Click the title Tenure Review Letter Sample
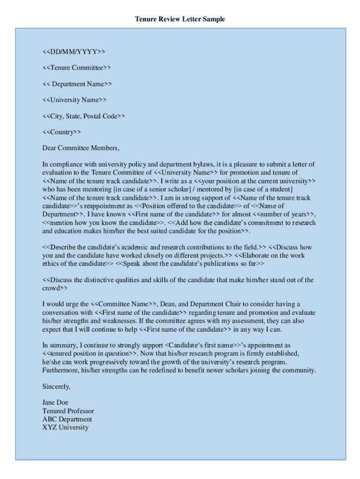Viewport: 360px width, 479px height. pyautogui.click(x=180, y=19)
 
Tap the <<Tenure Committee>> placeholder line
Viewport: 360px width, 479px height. pyautogui.click(x=77, y=67)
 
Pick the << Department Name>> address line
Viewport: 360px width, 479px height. pyautogui.click(x=77, y=84)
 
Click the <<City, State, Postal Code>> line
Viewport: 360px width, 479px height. pyautogui.click(x=84, y=116)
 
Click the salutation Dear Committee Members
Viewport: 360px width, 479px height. pyautogui.click(x=81, y=148)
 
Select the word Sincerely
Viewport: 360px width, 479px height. pyautogui.click(x=56, y=387)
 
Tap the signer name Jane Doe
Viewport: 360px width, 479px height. pyautogui.click(x=55, y=403)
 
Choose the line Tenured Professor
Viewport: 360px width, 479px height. pyautogui.click(x=68, y=411)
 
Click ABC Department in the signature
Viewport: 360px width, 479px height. pyautogui.click(x=67, y=419)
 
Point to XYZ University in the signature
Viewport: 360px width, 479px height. pyautogui.click(x=65, y=427)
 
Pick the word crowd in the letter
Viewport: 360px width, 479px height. pyautogui.click(x=50, y=288)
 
